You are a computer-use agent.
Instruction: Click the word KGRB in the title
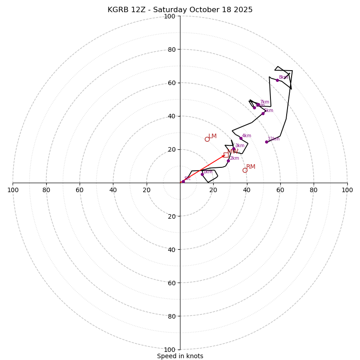click(117, 10)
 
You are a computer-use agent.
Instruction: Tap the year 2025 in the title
click(243, 10)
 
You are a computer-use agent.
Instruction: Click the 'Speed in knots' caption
click(180, 356)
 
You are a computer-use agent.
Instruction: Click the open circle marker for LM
click(207, 139)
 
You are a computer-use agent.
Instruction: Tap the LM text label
click(212, 136)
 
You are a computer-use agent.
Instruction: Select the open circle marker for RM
click(245, 170)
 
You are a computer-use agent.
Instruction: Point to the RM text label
click(251, 166)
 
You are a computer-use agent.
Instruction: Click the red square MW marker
click(226, 155)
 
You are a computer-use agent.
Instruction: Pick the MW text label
click(233, 152)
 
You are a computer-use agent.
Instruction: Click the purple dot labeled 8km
click(277, 80)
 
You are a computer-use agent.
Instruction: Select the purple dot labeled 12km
click(266, 142)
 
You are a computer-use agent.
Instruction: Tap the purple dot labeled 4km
click(241, 138)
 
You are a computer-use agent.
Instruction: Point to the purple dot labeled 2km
click(228, 161)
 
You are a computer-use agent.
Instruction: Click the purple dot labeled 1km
click(202, 174)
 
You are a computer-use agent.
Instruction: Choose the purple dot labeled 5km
click(263, 113)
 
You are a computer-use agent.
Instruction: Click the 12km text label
click(274, 139)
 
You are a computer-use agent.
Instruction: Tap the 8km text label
click(283, 77)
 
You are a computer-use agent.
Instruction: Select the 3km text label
click(239, 145)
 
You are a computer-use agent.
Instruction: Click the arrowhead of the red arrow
click(223, 156)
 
